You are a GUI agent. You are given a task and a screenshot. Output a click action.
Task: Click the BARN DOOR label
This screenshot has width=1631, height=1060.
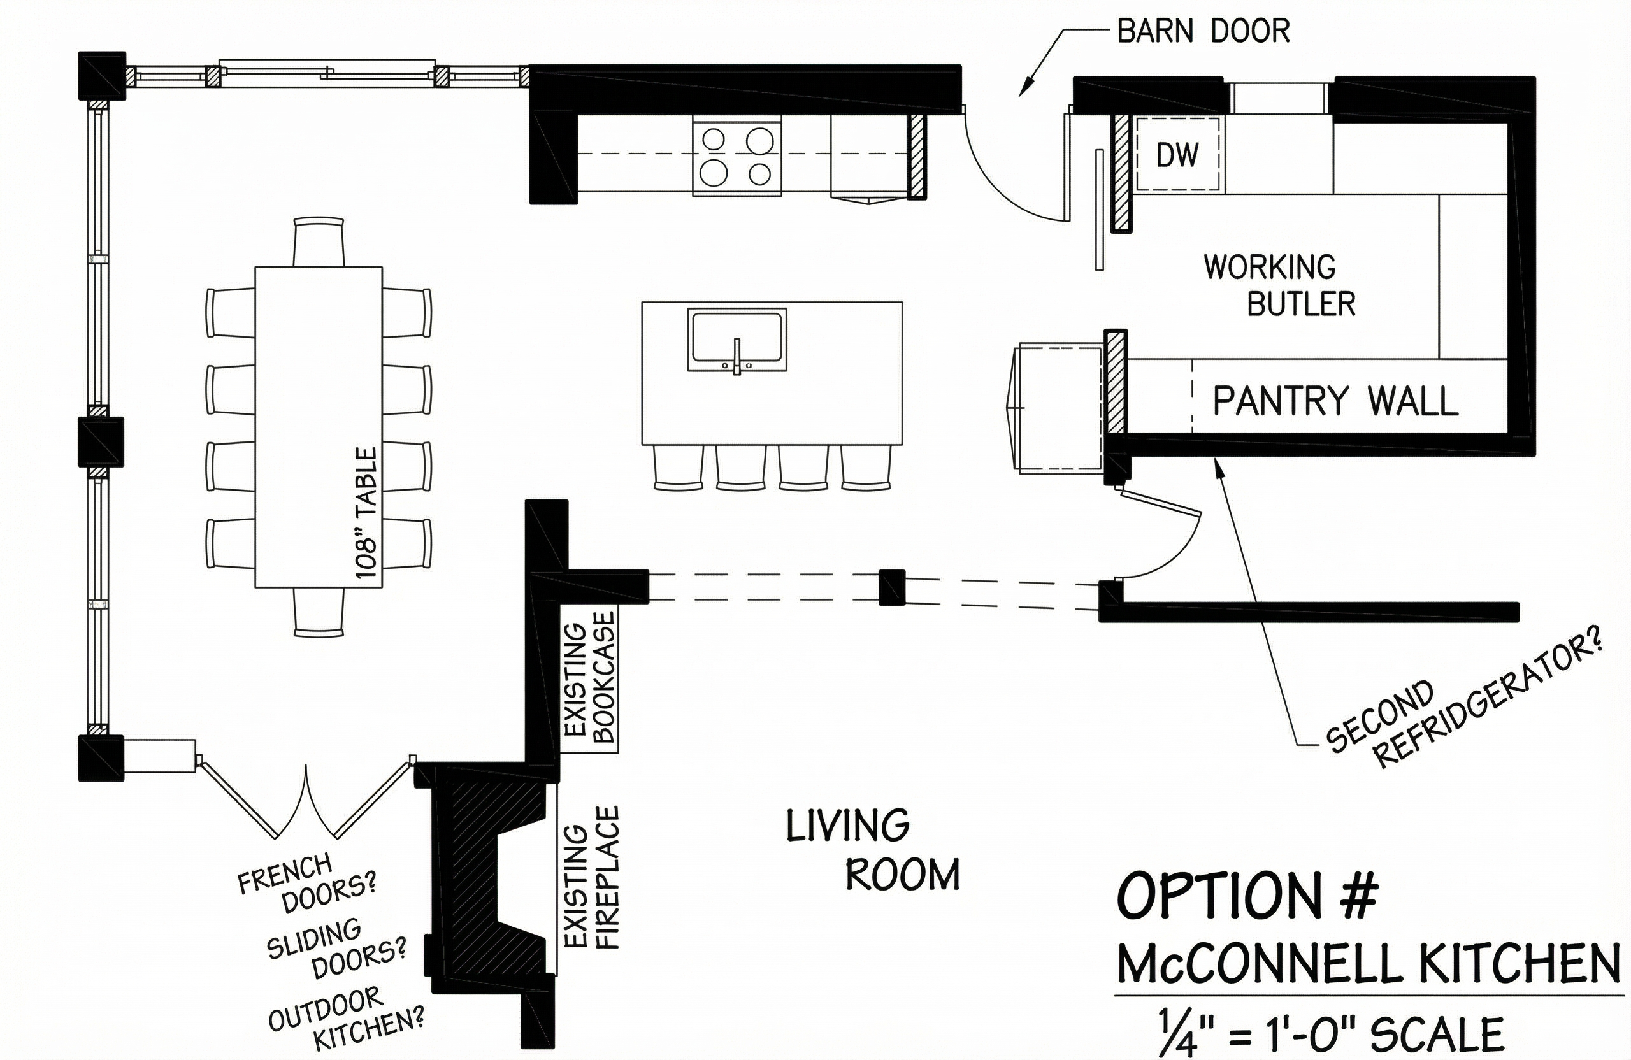coord(1203,31)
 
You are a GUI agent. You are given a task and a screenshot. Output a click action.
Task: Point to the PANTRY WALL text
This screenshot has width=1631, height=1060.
coord(1335,401)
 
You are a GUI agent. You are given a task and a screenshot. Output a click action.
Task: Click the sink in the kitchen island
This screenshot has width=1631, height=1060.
coord(736,339)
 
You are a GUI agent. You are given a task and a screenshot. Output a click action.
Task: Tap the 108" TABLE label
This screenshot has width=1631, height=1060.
coord(366,513)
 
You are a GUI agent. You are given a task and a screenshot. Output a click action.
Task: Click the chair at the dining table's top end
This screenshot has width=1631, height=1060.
coord(319,242)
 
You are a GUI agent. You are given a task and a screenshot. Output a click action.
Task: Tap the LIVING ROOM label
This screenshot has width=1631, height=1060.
coord(872,850)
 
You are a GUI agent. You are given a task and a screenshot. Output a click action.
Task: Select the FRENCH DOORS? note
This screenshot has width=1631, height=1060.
coord(306,882)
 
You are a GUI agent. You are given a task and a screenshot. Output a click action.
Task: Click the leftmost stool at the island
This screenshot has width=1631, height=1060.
coord(679,468)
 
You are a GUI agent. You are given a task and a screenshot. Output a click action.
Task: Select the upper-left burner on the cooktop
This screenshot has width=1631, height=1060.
coord(714,140)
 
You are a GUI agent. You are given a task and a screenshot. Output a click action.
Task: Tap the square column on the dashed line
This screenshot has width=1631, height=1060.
coord(891,587)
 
